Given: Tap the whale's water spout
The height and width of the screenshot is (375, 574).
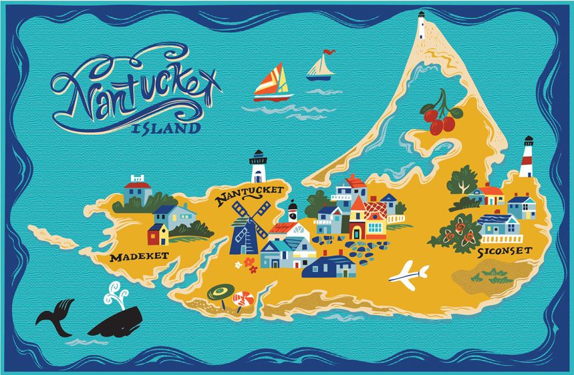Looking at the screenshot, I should coord(118,293).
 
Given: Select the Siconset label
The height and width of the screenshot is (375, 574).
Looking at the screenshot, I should coord(505,252).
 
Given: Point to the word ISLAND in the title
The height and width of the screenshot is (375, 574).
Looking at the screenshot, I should coord(166,127).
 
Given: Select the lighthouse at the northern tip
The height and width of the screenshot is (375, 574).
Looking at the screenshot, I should coord(422,27).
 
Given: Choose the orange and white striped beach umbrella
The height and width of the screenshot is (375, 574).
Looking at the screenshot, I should coord(243,299).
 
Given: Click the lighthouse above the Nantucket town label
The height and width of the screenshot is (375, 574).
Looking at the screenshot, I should coord(258,166).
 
